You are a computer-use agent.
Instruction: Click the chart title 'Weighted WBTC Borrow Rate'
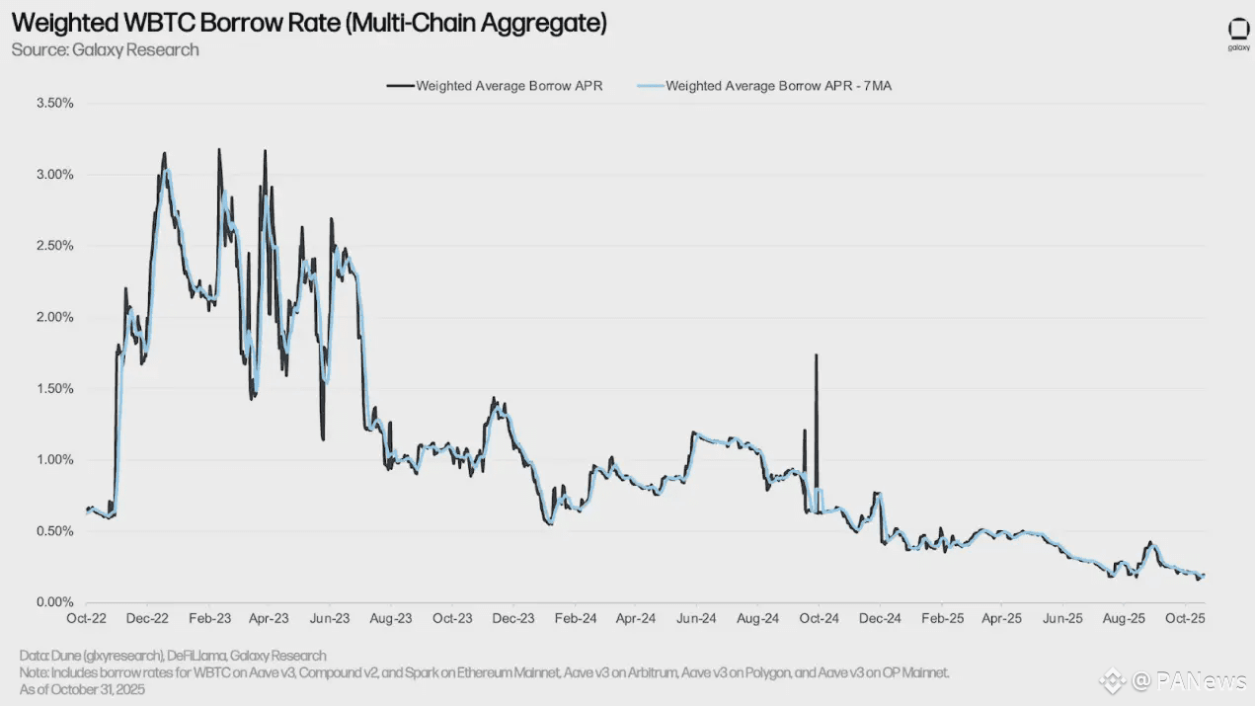[309, 24]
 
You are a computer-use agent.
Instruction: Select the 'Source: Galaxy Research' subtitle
[106, 49]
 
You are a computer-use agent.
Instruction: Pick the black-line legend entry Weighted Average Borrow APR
[509, 86]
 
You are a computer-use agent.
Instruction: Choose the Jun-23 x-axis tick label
[330, 619]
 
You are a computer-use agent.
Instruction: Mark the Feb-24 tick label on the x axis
[575, 619]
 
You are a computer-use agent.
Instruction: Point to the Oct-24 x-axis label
[819, 619]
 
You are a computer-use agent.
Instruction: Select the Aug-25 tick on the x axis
[1124, 619]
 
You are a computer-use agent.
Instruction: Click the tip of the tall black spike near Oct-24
[816, 355]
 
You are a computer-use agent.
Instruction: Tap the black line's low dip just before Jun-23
[323, 438]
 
